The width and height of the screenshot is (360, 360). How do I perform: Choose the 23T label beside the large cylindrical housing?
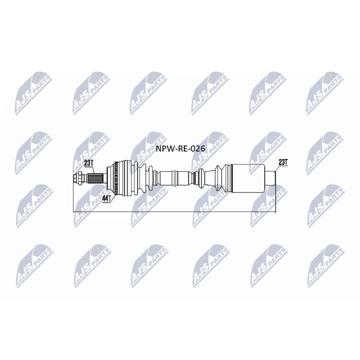[282, 162]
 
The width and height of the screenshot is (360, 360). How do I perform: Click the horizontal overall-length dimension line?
[175, 211]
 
